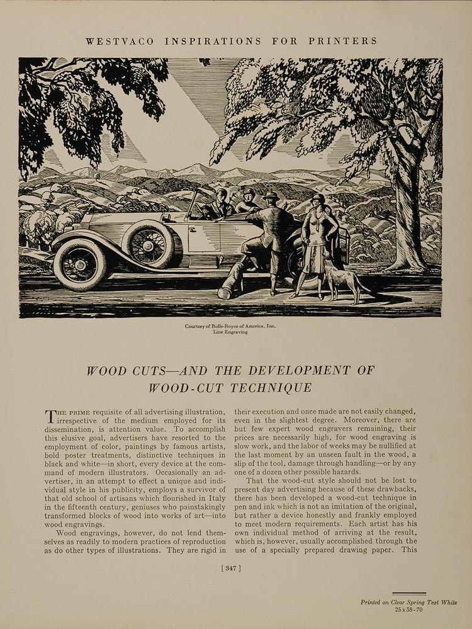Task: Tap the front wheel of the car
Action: click(x=79, y=264)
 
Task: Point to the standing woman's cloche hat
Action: click(x=318, y=199)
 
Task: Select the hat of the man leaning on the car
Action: click(x=271, y=196)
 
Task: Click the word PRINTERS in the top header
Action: click(x=342, y=41)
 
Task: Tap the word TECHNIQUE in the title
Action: click(x=278, y=388)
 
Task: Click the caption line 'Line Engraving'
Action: click(x=230, y=332)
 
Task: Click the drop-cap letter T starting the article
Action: click(x=50, y=416)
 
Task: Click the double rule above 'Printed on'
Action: click(x=409, y=594)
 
